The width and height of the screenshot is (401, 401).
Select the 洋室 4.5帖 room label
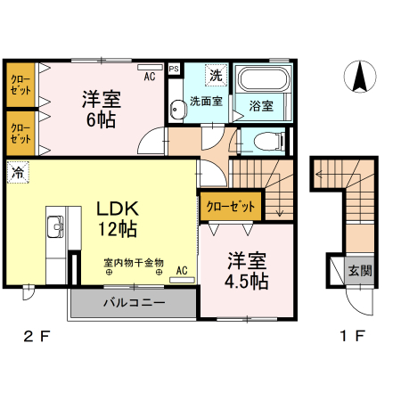pos(247,271)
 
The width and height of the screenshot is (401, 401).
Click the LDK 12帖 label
pos(116,218)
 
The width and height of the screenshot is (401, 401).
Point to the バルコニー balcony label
pos(134,302)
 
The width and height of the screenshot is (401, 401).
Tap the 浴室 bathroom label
pos(261,106)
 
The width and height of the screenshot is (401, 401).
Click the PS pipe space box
pos(174,68)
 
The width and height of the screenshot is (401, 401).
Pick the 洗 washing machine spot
pos(217,75)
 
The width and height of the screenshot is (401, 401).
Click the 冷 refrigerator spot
pos(17,173)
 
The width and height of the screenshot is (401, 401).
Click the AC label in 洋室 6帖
pos(149,77)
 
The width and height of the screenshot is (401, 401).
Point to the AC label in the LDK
pos(180,270)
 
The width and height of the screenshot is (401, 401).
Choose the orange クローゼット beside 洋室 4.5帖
pos(231,206)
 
